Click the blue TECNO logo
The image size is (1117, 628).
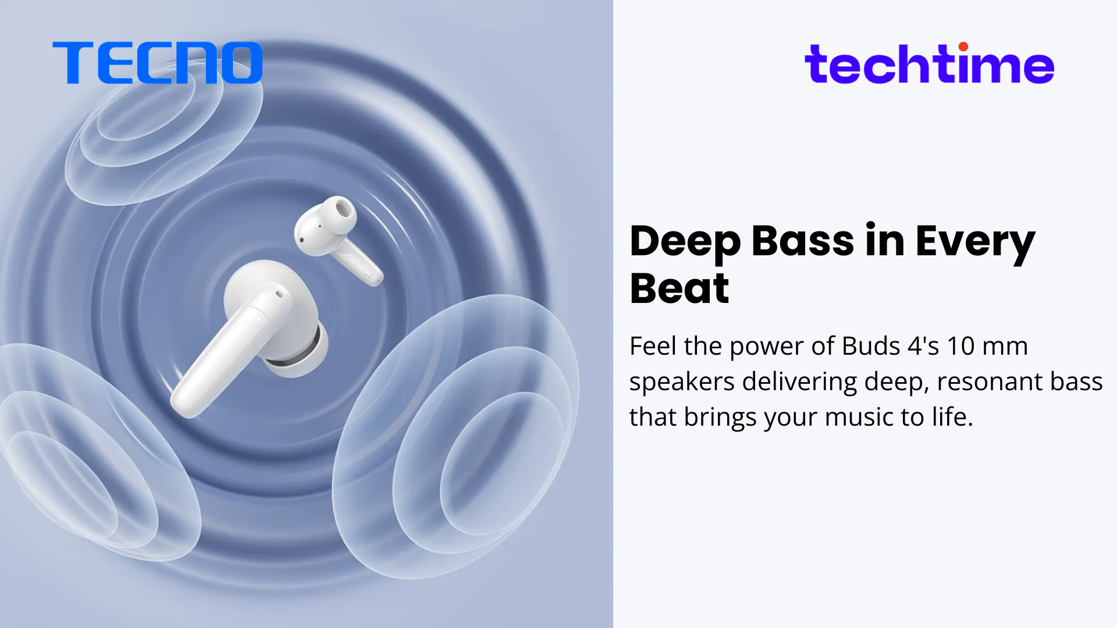pyautogui.click(x=157, y=63)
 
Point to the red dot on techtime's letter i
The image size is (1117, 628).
pyautogui.click(x=963, y=47)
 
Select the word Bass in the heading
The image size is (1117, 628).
pyautogui.click(x=802, y=240)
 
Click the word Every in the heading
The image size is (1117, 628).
pyautogui.click(x=976, y=243)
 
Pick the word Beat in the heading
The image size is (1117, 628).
pyautogui.click(x=679, y=288)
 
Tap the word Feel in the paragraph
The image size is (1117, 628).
pyautogui.click(x=653, y=346)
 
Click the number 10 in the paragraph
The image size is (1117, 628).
pyautogui.click(x=961, y=346)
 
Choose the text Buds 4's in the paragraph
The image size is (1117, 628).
pyautogui.click(x=891, y=346)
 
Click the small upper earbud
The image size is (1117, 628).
pyautogui.click(x=336, y=238)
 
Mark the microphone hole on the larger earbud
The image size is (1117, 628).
pyautogui.click(x=279, y=294)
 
